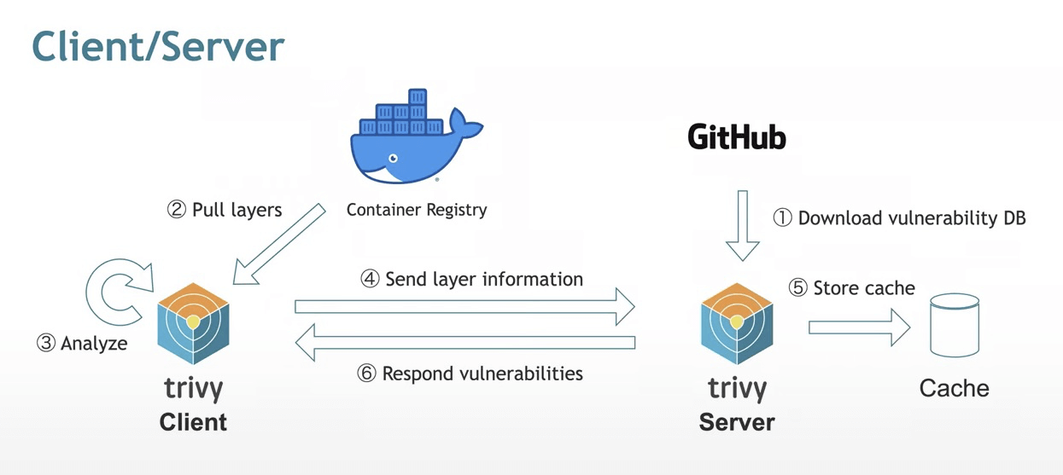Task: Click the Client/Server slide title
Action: pyautogui.click(x=158, y=48)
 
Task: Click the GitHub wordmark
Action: pyautogui.click(x=737, y=137)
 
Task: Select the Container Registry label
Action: pyautogui.click(x=417, y=209)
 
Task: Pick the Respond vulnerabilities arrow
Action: pyautogui.click(x=464, y=343)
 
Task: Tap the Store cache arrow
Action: pyautogui.click(x=859, y=327)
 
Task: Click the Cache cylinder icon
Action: pyautogui.click(x=955, y=326)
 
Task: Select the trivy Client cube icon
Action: pyautogui.click(x=194, y=323)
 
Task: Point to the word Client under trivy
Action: pyautogui.click(x=194, y=422)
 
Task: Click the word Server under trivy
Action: pyautogui.click(x=737, y=422)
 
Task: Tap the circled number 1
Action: pyautogui.click(x=783, y=218)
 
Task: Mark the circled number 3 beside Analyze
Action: pyautogui.click(x=46, y=344)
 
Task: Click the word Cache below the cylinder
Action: pyautogui.click(x=954, y=389)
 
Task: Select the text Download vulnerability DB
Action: pyautogui.click(x=912, y=218)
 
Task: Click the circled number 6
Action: pyautogui.click(x=367, y=374)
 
